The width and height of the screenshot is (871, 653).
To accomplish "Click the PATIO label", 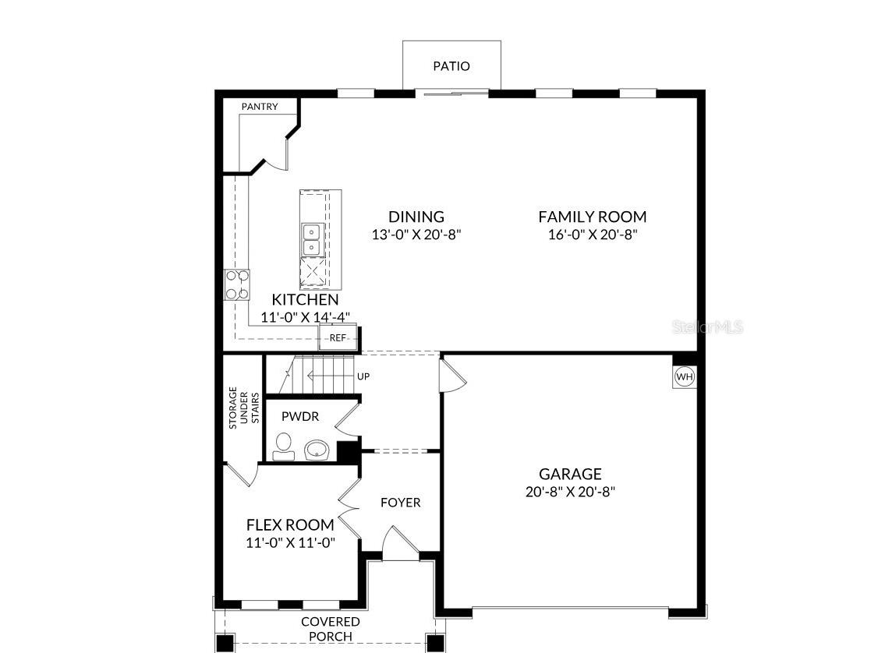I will pyautogui.click(x=451, y=66).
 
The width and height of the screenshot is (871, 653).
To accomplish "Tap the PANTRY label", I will pyautogui.click(x=259, y=107).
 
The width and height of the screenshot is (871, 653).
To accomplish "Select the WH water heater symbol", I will pyautogui.click(x=684, y=377).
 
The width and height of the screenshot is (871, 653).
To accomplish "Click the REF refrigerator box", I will pyautogui.click(x=338, y=337).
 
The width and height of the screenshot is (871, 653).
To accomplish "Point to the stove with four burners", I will pyautogui.click(x=237, y=284).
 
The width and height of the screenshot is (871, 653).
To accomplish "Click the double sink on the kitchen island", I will pyautogui.click(x=312, y=239).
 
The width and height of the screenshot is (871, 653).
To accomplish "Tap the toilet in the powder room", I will pyautogui.click(x=285, y=447).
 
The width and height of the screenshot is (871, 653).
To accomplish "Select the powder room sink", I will pyautogui.click(x=317, y=450).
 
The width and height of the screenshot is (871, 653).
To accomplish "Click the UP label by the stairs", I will pyautogui.click(x=363, y=376).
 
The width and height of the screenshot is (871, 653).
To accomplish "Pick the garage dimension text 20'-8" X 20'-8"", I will pyautogui.click(x=570, y=492).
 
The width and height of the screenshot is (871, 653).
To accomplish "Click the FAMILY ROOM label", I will pyautogui.click(x=592, y=217).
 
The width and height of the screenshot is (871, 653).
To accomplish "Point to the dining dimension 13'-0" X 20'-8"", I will pyautogui.click(x=416, y=235).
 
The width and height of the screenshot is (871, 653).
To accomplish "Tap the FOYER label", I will pyautogui.click(x=400, y=503).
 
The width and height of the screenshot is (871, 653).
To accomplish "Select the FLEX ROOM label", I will pyautogui.click(x=290, y=525).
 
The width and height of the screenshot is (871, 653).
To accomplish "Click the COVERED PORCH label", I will pyautogui.click(x=331, y=629).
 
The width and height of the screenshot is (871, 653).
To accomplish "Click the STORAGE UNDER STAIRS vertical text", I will pyautogui.click(x=243, y=408).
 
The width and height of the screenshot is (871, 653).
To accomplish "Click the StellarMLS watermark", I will pyautogui.click(x=707, y=327).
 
